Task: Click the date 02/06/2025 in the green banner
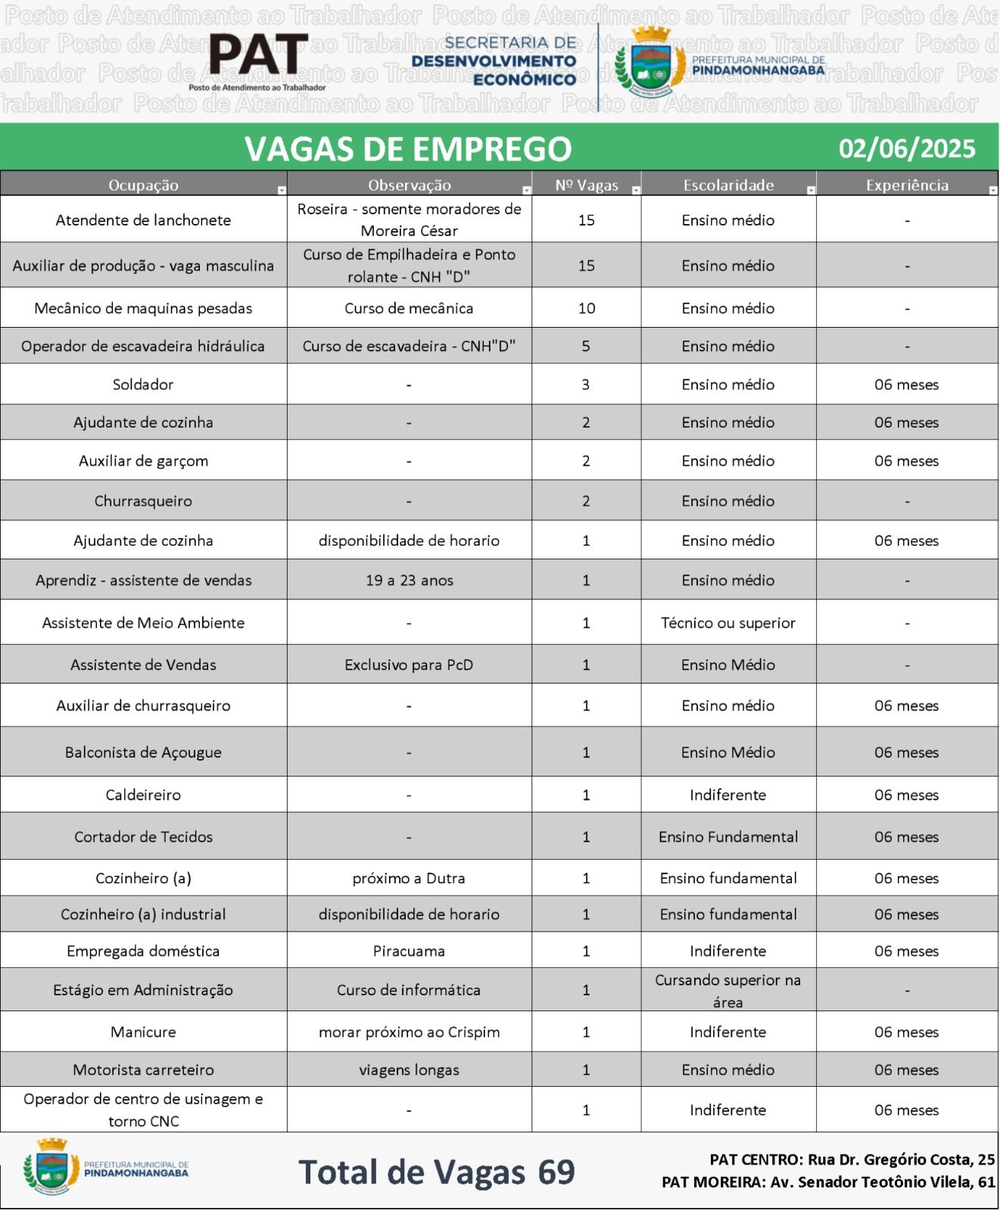click(907, 148)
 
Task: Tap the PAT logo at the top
click(258, 57)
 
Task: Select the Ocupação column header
click(143, 185)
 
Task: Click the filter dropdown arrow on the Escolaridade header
click(811, 190)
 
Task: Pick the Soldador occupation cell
click(143, 384)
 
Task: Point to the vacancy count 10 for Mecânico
click(587, 308)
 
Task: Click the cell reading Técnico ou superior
click(727, 623)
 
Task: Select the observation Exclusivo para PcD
click(409, 665)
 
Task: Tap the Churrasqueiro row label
click(143, 501)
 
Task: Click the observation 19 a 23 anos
click(409, 581)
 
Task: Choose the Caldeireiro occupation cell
click(143, 795)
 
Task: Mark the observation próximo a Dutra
click(409, 878)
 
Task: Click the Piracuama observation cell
click(409, 951)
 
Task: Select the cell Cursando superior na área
click(727, 990)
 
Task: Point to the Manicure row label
click(143, 1032)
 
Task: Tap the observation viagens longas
click(409, 1069)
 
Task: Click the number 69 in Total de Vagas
click(556, 1172)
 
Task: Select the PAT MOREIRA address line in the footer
click(828, 1181)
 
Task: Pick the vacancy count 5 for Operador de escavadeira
click(587, 346)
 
